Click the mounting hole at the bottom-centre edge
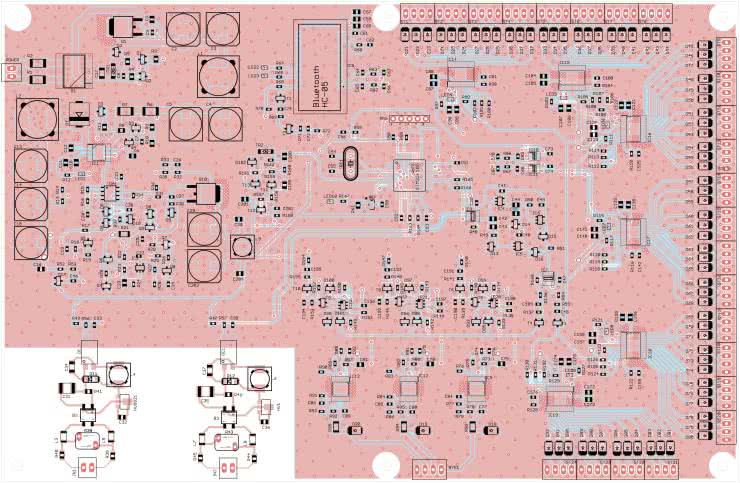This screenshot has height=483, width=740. pyautogui.click(x=385, y=466)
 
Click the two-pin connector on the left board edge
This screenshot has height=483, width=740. pyautogui.click(x=13, y=72)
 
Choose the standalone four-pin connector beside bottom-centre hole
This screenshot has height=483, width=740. pyautogui.click(x=432, y=468)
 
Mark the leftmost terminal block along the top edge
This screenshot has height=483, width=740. pyautogui.click(x=417, y=13)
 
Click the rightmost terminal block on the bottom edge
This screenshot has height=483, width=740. pyautogui.click(x=660, y=469)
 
